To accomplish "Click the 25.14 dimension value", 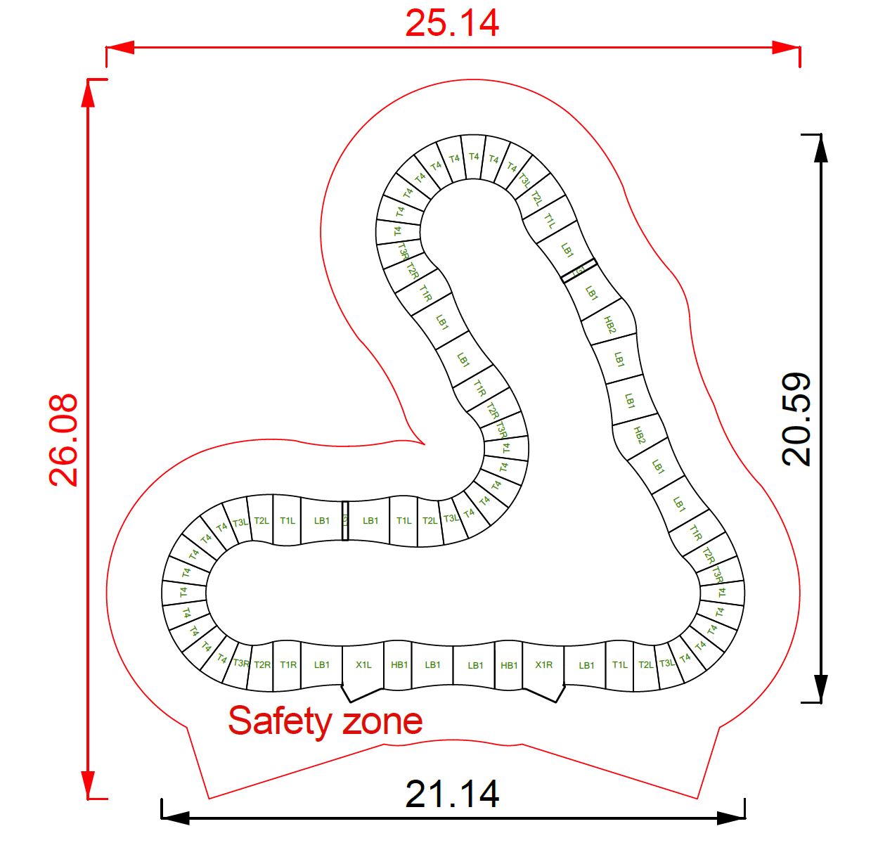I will (x=452, y=23).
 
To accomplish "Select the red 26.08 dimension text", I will (x=64, y=440).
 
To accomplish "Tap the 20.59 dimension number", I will (x=797, y=419).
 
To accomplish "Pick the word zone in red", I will (x=382, y=721).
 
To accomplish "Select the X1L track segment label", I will (x=363, y=665).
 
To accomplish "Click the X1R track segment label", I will (x=543, y=665).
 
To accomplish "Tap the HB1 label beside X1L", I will (x=399, y=665).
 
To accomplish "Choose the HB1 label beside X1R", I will (x=509, y=665).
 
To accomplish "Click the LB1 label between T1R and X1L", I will (x=322, y=665).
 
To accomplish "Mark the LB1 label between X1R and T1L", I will (x=586, y=665).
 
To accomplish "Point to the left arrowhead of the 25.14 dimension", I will (x=120, y=48).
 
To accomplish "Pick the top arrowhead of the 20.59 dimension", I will (x=820, y=148).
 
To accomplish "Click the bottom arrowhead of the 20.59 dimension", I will (x=820, y=688).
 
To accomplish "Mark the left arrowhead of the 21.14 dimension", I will (x=176, y=818).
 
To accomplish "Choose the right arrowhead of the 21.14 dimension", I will (x=731, y=818).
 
